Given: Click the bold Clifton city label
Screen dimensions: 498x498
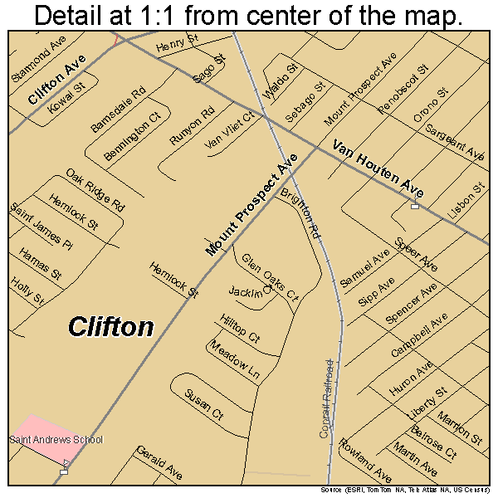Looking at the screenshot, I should (110, 326).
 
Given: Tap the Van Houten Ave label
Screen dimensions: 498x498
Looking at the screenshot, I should (378, 169).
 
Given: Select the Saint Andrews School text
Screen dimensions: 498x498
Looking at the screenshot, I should (56, 440).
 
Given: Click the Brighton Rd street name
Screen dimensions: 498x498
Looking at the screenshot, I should (300, 214).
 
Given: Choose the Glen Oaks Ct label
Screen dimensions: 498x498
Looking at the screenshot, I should (270, 277).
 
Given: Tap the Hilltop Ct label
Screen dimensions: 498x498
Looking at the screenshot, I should (241, 328).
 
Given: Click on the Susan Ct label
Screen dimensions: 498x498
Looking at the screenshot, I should (204, 402).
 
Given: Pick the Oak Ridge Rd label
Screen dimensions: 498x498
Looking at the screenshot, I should (95, 190).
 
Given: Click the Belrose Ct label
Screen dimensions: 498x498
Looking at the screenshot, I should (433, 442).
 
